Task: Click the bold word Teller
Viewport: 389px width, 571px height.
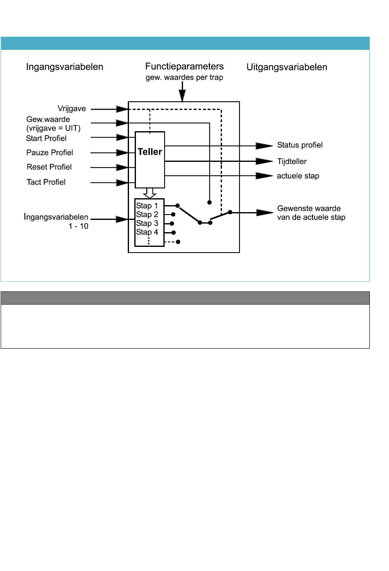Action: point(150,152)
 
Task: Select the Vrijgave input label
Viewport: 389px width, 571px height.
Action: point(72,109)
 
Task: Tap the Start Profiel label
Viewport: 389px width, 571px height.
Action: point(46,139)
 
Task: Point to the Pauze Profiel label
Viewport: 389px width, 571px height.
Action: point(50,152)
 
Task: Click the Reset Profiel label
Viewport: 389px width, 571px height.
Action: point(49,167)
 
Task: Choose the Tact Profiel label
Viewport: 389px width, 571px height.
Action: point(46,182)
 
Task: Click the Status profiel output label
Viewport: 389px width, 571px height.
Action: point(300,145)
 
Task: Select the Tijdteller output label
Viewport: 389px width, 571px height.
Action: point(292,161)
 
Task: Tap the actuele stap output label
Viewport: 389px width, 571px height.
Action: point(298,176)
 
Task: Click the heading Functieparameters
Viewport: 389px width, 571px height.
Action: point(184,66)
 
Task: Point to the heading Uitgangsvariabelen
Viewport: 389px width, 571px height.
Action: point(287,67)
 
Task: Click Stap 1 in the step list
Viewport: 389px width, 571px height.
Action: point(147,206)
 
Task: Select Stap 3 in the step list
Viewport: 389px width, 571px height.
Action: point(147,223)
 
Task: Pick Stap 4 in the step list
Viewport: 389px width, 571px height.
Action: point(147,232)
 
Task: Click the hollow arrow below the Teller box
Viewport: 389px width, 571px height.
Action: point(150,193)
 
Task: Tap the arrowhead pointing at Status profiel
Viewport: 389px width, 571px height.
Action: point(265,146)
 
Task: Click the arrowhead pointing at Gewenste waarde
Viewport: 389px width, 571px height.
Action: point(265,213)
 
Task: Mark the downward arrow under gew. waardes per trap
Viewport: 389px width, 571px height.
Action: point(182,92)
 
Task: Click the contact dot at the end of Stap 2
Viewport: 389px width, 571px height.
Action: point(173,214)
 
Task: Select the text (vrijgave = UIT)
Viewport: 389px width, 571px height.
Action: point(53,128)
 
